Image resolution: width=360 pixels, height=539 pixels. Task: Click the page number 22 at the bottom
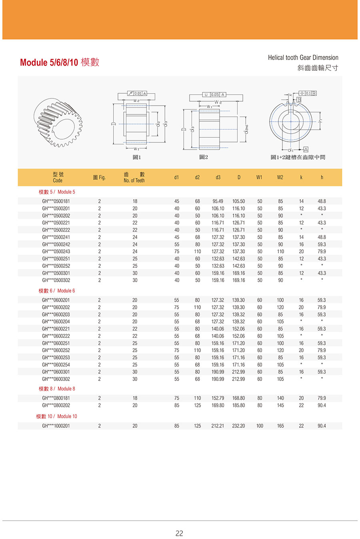coord(179,533)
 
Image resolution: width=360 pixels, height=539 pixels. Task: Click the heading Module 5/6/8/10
coord(59,62)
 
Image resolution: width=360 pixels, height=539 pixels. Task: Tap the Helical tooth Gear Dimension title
coord(303,58)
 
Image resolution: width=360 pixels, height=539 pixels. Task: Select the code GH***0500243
coord(56,252)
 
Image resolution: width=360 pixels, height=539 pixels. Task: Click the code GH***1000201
coord(56,426)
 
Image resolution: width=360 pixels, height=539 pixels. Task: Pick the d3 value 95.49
coord(218,201)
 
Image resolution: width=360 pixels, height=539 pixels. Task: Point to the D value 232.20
coord(238,426)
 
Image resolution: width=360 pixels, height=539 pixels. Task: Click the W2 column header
coord(280,177)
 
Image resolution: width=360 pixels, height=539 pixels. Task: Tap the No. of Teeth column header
coord(134,177)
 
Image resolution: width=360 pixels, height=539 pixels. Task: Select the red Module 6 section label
coord(57,291)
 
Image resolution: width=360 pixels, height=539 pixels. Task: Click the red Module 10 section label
coord(56,416)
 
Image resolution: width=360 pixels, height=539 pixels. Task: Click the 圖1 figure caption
coord(137,157)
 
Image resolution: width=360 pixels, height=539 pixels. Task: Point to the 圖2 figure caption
coord(204,157)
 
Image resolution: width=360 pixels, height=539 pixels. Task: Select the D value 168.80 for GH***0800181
coord(238,398)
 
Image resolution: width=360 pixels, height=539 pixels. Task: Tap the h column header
coord(322,177)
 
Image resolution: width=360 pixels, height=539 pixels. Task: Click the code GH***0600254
coord(56,365)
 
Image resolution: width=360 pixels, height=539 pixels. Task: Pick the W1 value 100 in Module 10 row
coord(260,426)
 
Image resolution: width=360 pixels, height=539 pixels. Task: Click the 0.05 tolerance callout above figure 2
coord(215,95)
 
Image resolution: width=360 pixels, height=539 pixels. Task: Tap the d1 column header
coord(176,177)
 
